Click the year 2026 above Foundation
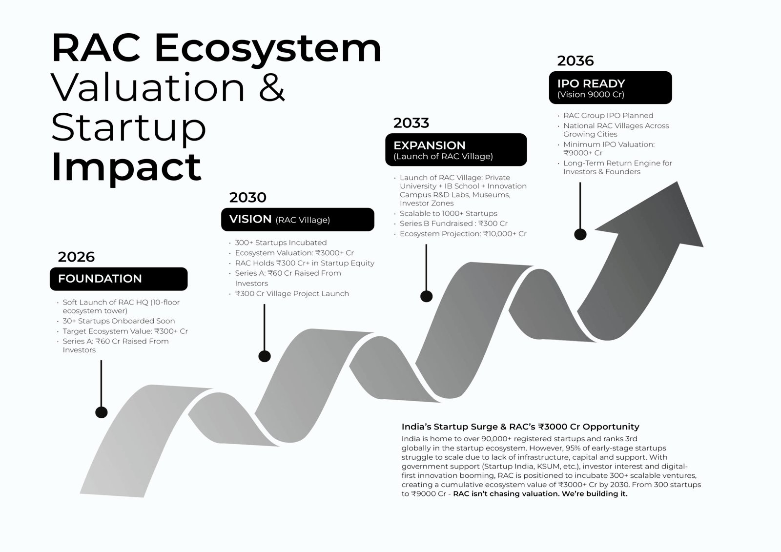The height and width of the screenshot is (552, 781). tap(76, 257)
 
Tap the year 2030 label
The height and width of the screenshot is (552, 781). tap(247, 197)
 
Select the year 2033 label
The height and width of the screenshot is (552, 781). tap(411, 123)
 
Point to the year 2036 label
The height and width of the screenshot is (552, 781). tap(575, 61)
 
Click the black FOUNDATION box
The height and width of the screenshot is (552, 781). tap(119, 279)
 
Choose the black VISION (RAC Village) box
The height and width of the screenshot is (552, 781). tap(298, 219)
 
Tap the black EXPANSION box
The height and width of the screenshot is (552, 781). tap(456, 150)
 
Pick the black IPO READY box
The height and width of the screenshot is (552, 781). tap(611, 87)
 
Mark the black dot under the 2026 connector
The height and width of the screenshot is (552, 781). tap(102, 412)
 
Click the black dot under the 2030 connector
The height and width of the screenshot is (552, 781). tap(265, 356)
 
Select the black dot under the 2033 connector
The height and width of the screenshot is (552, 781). tap(427, 296)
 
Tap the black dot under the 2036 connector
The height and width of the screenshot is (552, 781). tap(580, 234)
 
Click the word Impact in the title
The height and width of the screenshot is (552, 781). tap(126, 168)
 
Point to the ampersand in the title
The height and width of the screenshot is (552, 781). tap(272, 87)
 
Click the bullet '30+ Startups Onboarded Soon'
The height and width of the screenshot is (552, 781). tap(119, 321)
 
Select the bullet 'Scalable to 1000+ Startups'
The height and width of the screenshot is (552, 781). tap(449, 213)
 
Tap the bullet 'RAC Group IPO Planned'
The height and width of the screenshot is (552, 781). tap(608, 115)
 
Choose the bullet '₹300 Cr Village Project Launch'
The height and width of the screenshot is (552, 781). tap(292, 294)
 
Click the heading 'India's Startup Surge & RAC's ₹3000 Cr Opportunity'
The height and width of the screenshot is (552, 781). tap(520, 427)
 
